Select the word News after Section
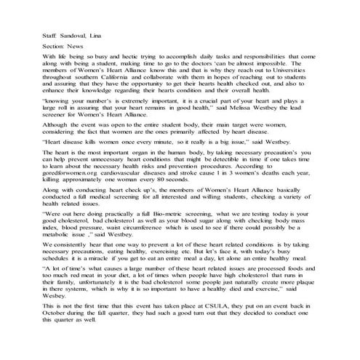click(x=81, y=45)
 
